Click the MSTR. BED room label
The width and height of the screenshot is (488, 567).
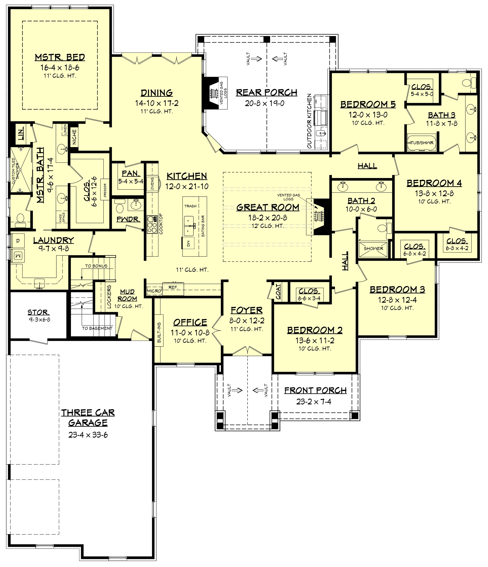60,57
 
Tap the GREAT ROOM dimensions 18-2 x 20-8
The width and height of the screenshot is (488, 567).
267,218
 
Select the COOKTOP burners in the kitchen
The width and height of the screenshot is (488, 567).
152,224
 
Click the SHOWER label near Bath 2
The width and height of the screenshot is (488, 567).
373,249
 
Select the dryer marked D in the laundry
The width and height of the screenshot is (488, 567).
18,241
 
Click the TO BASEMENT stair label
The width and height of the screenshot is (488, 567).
97,328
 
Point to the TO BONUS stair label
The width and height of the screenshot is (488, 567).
96,266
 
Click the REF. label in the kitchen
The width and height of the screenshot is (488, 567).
173,287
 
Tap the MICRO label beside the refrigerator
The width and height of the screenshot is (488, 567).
154,290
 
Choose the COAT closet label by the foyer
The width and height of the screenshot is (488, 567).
278,292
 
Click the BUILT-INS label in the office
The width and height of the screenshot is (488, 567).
159,332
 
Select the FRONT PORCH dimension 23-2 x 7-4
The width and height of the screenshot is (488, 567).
314,401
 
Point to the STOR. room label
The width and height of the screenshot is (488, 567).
39,312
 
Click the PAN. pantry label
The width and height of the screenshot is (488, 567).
131,173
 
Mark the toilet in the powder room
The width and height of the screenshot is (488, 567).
120,207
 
